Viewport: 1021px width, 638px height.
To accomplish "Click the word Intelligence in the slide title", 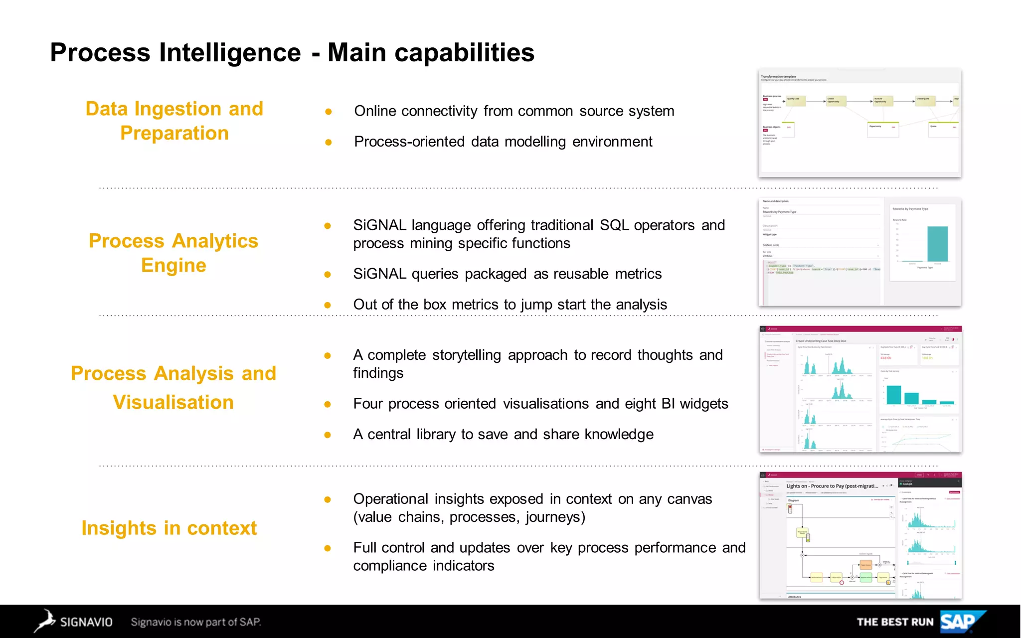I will [x=230, y=52].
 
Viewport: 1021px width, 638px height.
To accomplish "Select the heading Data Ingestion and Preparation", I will [x=174, y=121].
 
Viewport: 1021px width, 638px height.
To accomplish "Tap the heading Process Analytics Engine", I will [x=173, y=253].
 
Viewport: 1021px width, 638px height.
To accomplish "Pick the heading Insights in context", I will [x=169, y=528].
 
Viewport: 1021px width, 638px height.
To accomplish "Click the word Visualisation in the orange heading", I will [x=173, y=402].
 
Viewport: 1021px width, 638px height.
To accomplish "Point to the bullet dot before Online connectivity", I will [x=328, y=112].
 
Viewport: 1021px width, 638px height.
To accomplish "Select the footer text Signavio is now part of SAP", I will [x=195, y=622].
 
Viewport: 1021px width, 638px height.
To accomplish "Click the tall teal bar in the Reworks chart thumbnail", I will [x=937, y=244].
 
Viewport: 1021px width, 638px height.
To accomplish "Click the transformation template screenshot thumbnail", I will [x=859, y=123].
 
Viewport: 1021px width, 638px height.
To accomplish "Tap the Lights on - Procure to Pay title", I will [x=832, y=486].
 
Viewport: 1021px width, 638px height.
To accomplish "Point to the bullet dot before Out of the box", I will [x=328, y=305].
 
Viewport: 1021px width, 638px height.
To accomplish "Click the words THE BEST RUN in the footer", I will [x=895, y=622].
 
